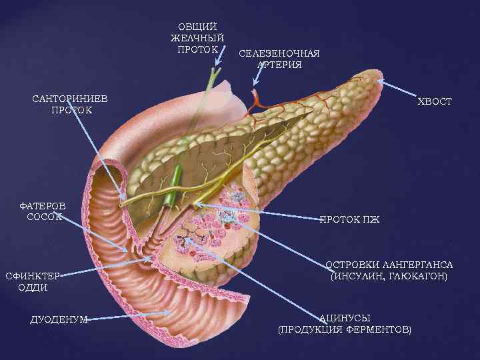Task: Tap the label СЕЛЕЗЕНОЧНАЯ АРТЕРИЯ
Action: [x=279, y=59]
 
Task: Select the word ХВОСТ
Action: [x=435, y=101]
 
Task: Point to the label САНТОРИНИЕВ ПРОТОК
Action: [x=71, y=104]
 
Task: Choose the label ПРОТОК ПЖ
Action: [x=349, y=219]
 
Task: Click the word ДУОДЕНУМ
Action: [x=59, y=319]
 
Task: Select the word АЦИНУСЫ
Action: [x=344, y=318]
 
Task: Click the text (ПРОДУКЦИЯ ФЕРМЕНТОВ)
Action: [x=344, y=329]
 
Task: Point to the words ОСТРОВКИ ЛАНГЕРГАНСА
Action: [x=389, y=264]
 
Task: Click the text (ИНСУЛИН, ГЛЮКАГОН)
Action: [x=389, y=275]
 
